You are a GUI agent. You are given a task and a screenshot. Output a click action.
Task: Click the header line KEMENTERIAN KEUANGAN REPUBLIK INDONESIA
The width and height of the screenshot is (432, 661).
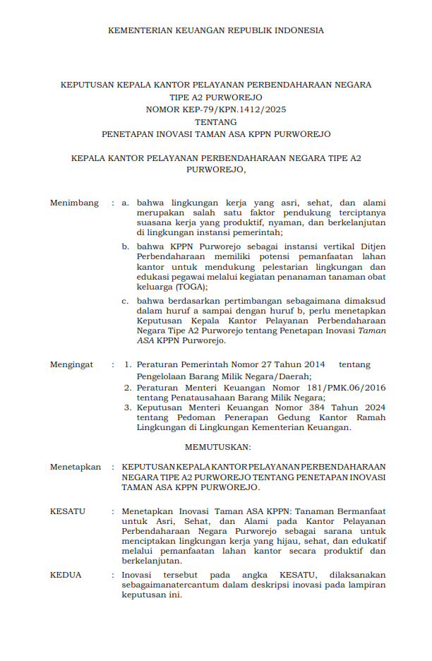216,30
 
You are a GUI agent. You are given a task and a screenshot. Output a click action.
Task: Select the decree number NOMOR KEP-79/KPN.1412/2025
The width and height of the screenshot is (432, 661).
216,109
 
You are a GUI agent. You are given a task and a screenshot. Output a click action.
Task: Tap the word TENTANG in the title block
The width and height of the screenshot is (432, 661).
216,121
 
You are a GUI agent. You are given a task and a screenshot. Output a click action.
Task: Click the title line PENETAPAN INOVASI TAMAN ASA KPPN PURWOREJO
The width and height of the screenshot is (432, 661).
216,133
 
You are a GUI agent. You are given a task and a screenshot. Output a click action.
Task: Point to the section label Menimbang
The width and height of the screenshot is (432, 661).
74,203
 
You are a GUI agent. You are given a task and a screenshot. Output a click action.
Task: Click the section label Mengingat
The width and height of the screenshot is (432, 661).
71,364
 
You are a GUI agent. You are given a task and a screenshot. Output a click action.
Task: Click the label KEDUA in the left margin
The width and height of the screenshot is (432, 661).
66,575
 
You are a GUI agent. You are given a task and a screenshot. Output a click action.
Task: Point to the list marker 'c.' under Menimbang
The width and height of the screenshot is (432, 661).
125,300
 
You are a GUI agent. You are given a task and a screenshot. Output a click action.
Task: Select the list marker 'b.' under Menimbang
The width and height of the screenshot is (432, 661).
125,246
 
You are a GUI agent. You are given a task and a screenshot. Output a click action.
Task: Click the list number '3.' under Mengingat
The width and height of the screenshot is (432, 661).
128,407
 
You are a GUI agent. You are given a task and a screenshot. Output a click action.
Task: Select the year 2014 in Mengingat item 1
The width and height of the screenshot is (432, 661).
311,364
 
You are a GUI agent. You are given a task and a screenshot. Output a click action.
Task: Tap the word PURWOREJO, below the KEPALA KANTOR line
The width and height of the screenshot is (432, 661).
216,169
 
